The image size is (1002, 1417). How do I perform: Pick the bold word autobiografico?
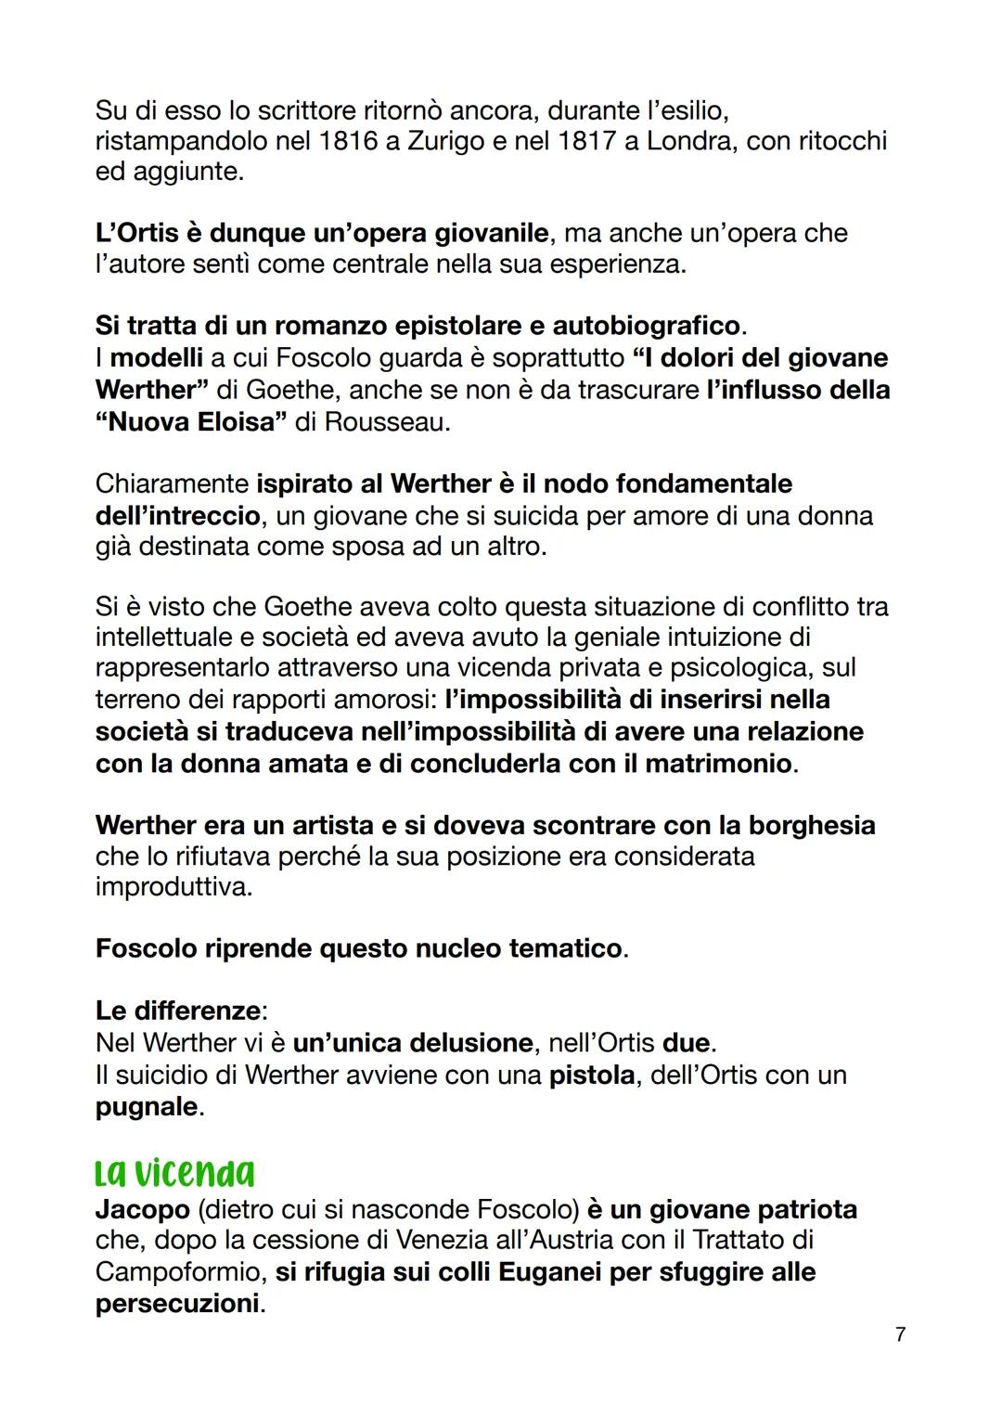(x=647, y=326)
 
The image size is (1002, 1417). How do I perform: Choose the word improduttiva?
(x=173, y=887)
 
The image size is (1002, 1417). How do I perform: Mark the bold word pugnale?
(x=147, y=1107)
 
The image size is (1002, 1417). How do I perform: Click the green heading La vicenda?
(x=174, y=1173)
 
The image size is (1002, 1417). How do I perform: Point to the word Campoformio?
(x=172, y=1271)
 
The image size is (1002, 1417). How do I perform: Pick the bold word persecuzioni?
(x=177, y=1303)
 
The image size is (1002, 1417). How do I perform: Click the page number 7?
(x=900, y=1334)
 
